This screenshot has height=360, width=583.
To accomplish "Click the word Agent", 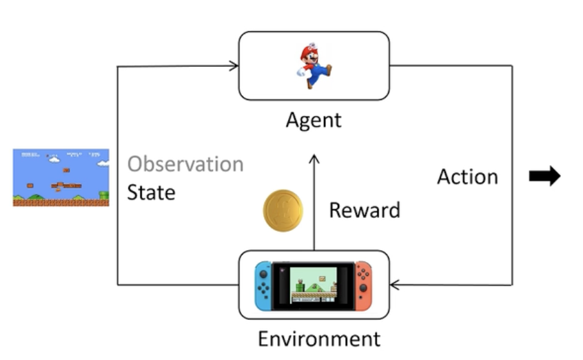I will (x=314, y=119).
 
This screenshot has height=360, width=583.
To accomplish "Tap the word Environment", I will (x=318, y=339).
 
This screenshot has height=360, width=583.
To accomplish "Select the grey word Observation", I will (x=185, y=164).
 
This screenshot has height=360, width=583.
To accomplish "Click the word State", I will (x=151, y=192).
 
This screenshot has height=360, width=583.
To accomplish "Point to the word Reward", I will (x=364, y=210).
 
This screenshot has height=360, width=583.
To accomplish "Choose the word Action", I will (x=467, y=177).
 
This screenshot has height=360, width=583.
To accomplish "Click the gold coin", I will (x=283, y=210).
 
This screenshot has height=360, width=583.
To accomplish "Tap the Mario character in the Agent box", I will (x=314, y=66).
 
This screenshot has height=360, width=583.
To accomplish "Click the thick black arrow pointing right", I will (x=544, y=177).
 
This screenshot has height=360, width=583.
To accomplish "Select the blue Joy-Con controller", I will (x=263, y=284).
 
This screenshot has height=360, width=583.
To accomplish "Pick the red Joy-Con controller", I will (x=363, y=284).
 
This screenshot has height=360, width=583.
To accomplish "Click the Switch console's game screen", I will (x=313, y=284).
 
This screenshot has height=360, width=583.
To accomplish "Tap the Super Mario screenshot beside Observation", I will (x=61, y=177).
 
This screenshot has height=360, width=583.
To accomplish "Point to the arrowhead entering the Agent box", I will (x=234, y=66).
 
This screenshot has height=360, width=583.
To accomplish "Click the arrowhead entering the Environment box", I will (x=396, y=284).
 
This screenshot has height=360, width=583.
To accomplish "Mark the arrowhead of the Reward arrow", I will (x=314, y=159).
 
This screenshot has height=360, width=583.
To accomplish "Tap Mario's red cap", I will (x=308, y=50).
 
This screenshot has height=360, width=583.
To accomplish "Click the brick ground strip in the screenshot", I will (x=61, y=203).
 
